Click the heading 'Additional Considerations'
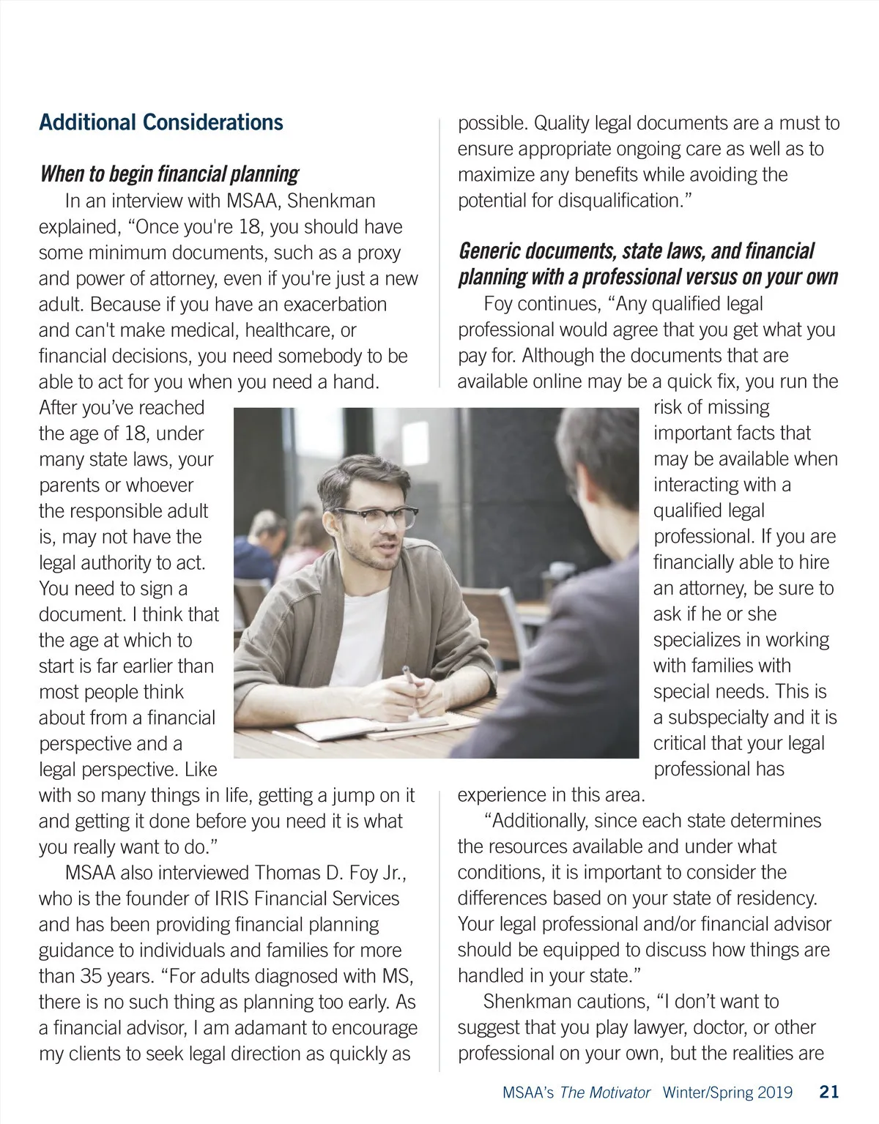coord(161,122)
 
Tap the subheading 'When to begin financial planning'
coord(169,174)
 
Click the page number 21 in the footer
coord(828,1093)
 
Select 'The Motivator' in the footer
coord(605,1093)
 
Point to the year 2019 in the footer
coord(774,1093)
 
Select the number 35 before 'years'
coord(92,977)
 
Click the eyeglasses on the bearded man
coord(378,519)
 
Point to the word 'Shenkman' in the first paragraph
coord(331,201)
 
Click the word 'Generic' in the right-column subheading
coord(492,252)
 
